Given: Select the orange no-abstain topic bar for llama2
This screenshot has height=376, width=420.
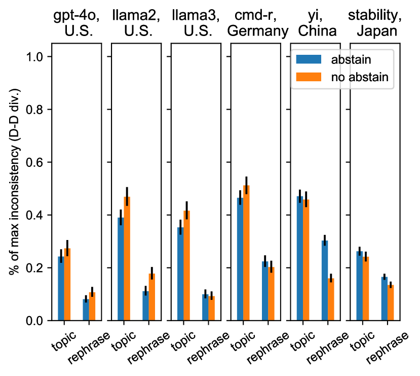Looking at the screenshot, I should pos(127,259).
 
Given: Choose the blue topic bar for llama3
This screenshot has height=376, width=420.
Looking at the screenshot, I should pos(180,274).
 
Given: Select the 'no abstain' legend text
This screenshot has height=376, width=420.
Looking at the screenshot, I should pos(360,77).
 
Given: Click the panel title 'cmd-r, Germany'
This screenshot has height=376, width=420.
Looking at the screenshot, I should pos(257,23).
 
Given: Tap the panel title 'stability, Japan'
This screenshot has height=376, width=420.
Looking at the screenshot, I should pos(375,23).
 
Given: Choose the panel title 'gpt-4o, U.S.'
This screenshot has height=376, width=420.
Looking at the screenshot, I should pos(76,23).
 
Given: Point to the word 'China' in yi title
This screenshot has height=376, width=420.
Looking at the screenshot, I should pos(317,31).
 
